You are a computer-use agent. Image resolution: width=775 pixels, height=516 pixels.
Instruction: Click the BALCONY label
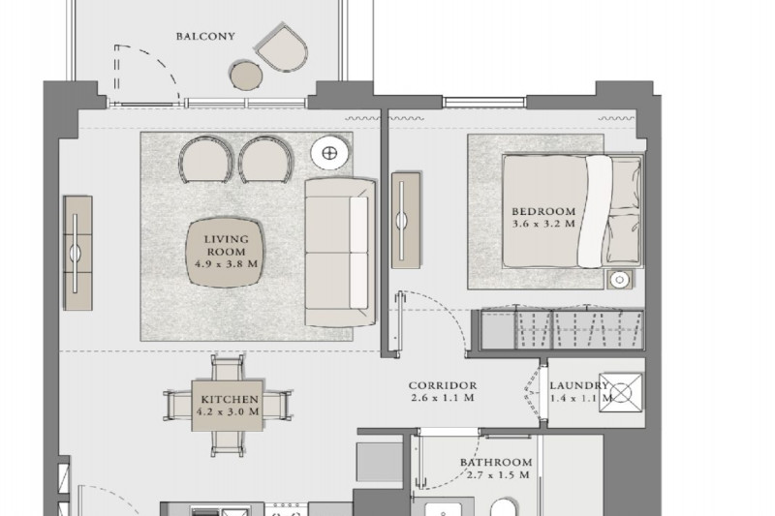(x=205, y=36)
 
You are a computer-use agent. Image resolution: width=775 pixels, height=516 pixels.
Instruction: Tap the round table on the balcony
(x=246, y=76)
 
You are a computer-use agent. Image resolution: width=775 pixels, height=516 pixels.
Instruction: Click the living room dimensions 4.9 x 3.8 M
(x=227, y=263)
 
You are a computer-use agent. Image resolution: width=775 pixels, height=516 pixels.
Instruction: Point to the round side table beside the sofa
(x=329, y=153)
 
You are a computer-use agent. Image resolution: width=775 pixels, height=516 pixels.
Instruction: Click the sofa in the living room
(x=340, y=253)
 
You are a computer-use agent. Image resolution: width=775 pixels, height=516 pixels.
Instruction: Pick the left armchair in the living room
(x=205, y=160)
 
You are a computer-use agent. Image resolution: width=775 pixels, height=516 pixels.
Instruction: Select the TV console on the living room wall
(x=77, y=253)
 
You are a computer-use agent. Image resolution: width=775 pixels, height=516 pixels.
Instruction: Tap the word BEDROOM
(x=543, y=211)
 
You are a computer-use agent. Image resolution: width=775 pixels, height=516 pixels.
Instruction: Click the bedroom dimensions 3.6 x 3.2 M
(x=543, y=224)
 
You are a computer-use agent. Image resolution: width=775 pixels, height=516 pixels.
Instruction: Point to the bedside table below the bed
(x=619, y=280)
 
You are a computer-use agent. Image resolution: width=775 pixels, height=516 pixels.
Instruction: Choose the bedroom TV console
(x=406, y=220)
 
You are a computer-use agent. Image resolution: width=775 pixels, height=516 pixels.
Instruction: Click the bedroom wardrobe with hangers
(x=562, y=329)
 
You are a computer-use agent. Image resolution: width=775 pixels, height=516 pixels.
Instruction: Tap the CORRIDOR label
(x=443, y=385)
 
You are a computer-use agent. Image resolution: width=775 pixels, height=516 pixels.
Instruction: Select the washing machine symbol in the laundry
(x=621, y=393)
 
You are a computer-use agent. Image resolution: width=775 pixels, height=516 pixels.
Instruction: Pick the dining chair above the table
(x=228, y=367)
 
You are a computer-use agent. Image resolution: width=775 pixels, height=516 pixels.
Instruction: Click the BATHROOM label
(x=496, y=463)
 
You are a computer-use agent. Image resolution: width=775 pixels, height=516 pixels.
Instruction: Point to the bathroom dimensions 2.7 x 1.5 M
(x=498, y=475)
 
